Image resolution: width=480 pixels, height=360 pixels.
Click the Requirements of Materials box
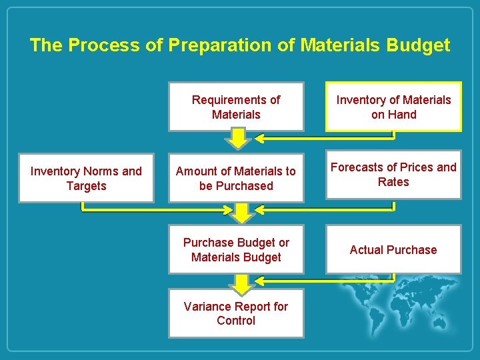(x=236, y=107)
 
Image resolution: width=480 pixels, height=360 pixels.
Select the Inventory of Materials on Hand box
(x=393, y=107)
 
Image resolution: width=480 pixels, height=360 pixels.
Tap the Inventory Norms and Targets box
(x=86, y=178)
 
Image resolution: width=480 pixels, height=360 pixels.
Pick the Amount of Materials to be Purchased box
(x=236, y=178)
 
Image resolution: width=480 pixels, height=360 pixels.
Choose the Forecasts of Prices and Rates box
(x=393, y=175)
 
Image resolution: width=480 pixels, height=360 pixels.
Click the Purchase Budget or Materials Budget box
(x=236, y=250)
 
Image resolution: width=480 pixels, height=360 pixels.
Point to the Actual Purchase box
(x=393, y=250)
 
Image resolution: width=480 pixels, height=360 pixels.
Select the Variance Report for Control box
(x=236, y=313)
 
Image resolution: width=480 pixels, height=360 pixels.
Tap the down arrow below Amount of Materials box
(x=242, y=213)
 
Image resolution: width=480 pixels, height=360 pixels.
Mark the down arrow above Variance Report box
(x=242, y=283)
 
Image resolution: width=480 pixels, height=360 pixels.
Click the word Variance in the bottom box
(x=208, y=307)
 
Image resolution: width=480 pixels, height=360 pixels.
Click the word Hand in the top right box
(x=403, y=115)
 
